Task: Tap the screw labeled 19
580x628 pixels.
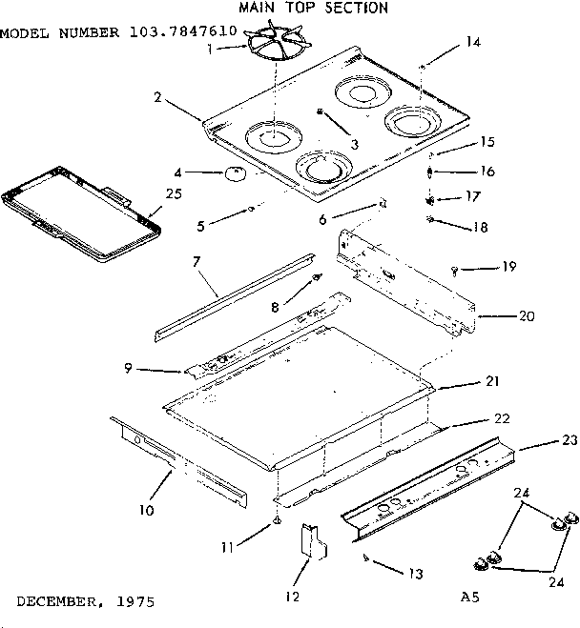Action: coord(456,271)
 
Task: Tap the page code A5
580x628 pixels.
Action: coord(467,598)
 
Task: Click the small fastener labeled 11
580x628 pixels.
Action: coord(277,521)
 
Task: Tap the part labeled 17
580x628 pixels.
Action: coord(431,200)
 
